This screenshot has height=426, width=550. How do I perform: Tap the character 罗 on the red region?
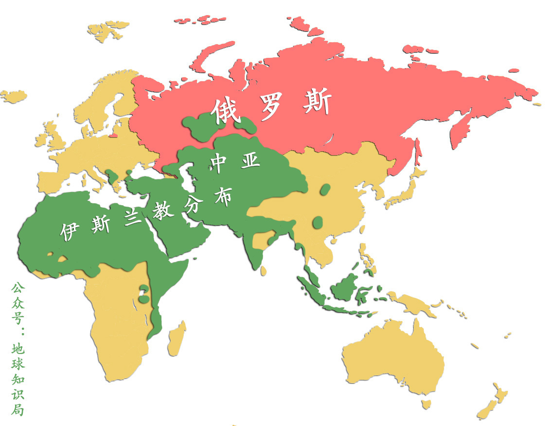click(274, 107)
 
